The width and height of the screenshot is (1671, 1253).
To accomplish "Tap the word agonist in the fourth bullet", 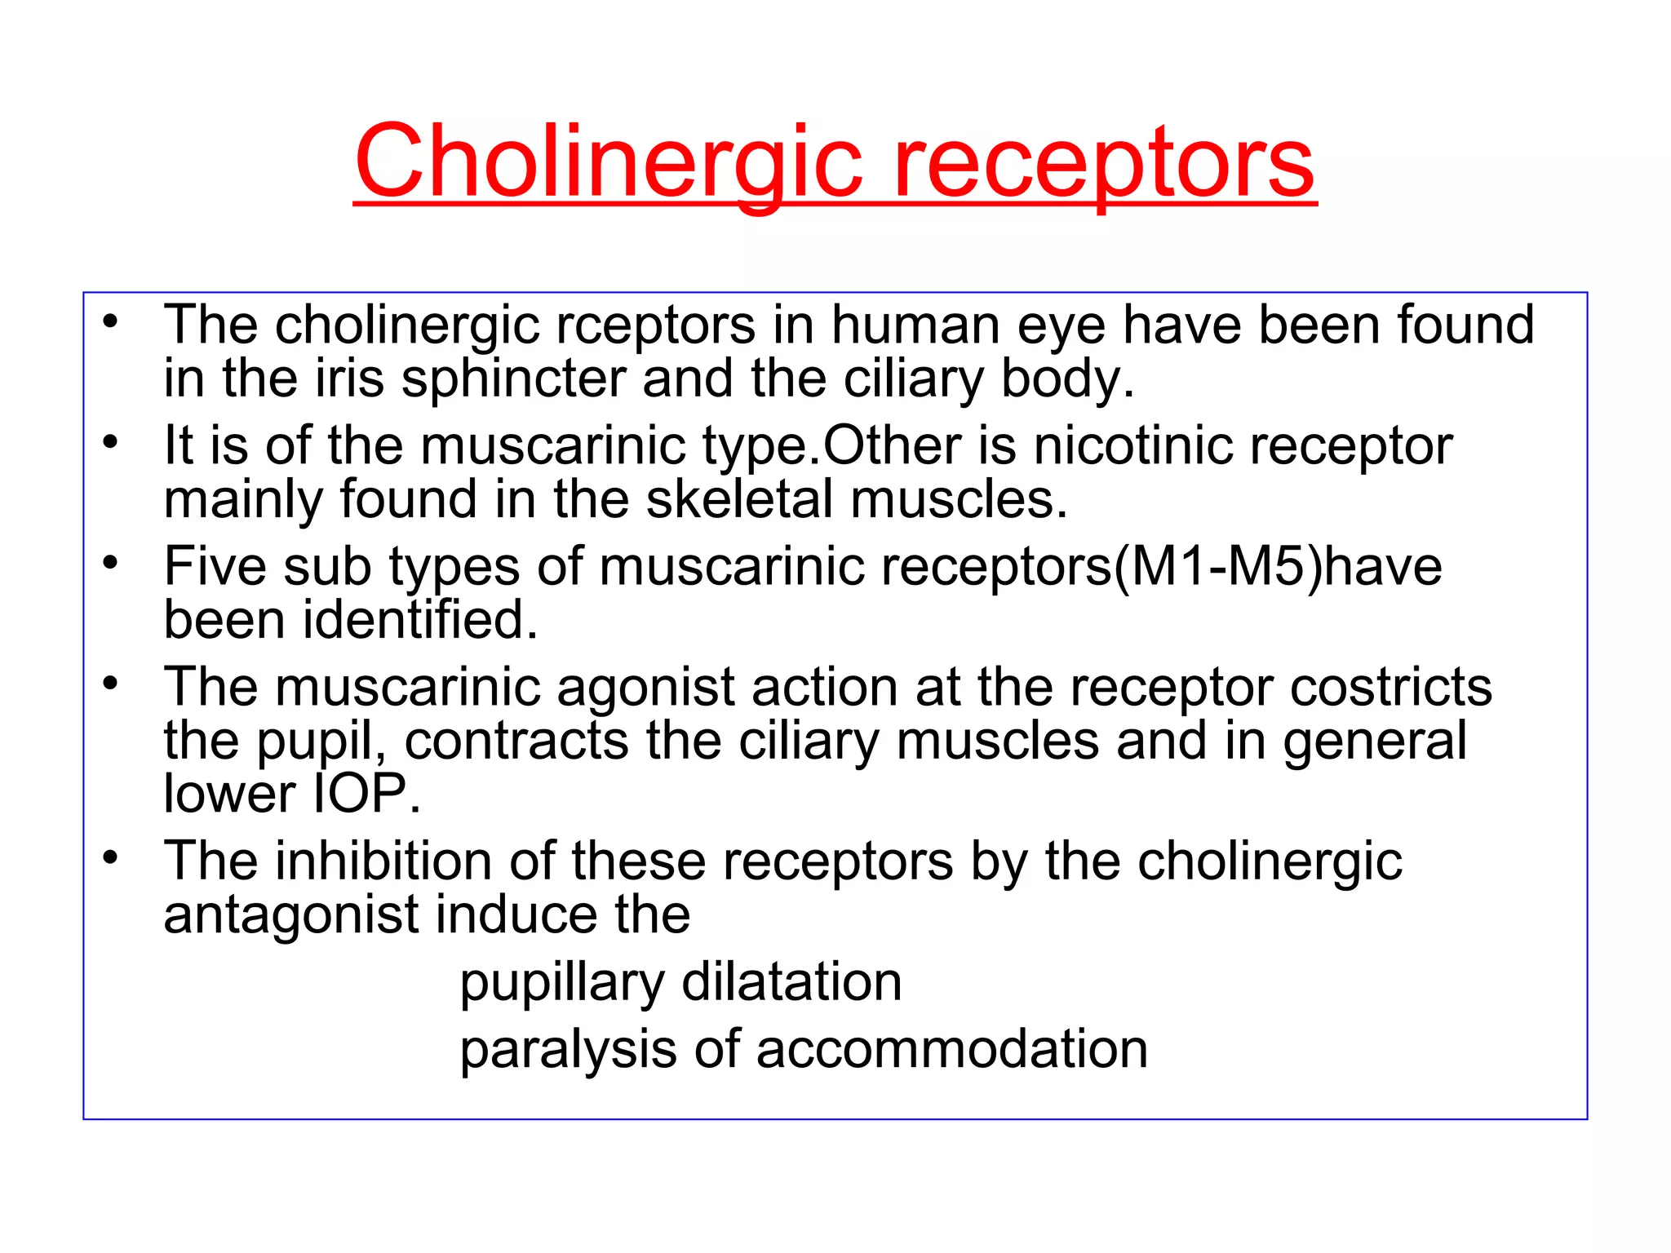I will (x=645, y=687).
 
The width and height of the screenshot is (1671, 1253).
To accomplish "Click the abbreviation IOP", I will (x=360, y=794).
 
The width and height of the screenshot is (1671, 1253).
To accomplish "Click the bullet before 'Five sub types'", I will (x=111, y=563).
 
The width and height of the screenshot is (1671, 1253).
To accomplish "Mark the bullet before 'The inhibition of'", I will (x=111, y=857).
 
